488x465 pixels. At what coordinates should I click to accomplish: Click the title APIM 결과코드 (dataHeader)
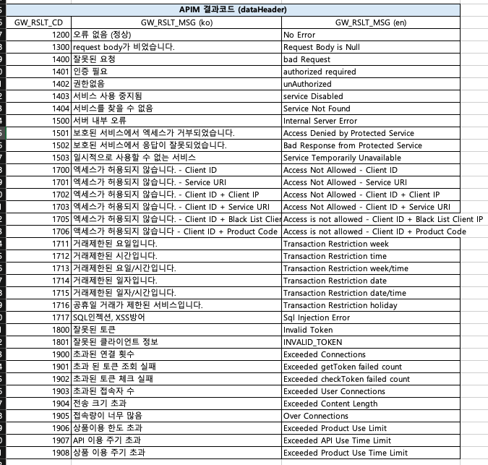click(243, 9)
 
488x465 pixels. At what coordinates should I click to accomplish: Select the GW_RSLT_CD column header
click(38, 22)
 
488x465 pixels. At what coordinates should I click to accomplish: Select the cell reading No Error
click(299, 35)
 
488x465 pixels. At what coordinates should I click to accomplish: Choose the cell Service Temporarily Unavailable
click(342, 158)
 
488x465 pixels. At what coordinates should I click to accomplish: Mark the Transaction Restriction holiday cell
click(340, 305)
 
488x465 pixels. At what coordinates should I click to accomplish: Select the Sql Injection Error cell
click(316, 317)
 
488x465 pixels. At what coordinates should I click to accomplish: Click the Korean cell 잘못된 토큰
click(94, 330)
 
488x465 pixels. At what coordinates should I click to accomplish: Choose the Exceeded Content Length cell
click(330, 404)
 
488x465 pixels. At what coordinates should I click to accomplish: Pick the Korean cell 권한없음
click(88, 84)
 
